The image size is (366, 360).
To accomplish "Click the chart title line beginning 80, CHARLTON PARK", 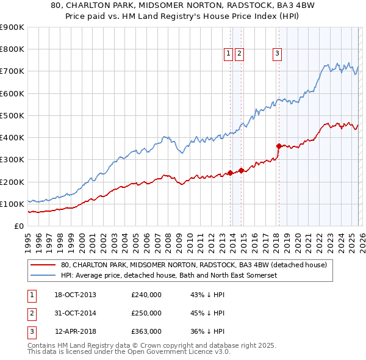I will (183, 5).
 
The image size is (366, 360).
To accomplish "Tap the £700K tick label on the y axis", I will (12, 71).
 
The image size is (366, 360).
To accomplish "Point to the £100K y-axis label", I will (12, 204).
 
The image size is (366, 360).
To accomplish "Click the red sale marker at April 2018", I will (279, 146).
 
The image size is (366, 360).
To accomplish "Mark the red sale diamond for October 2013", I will (230, 173).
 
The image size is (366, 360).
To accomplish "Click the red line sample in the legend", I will (43, 265).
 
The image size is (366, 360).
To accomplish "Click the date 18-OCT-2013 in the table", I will (75, 295).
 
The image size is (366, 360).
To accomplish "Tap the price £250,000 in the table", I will (146, 313).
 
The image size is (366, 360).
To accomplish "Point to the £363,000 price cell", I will (146, 331).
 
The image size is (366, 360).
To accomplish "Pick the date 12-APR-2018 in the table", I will (75, 331).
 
